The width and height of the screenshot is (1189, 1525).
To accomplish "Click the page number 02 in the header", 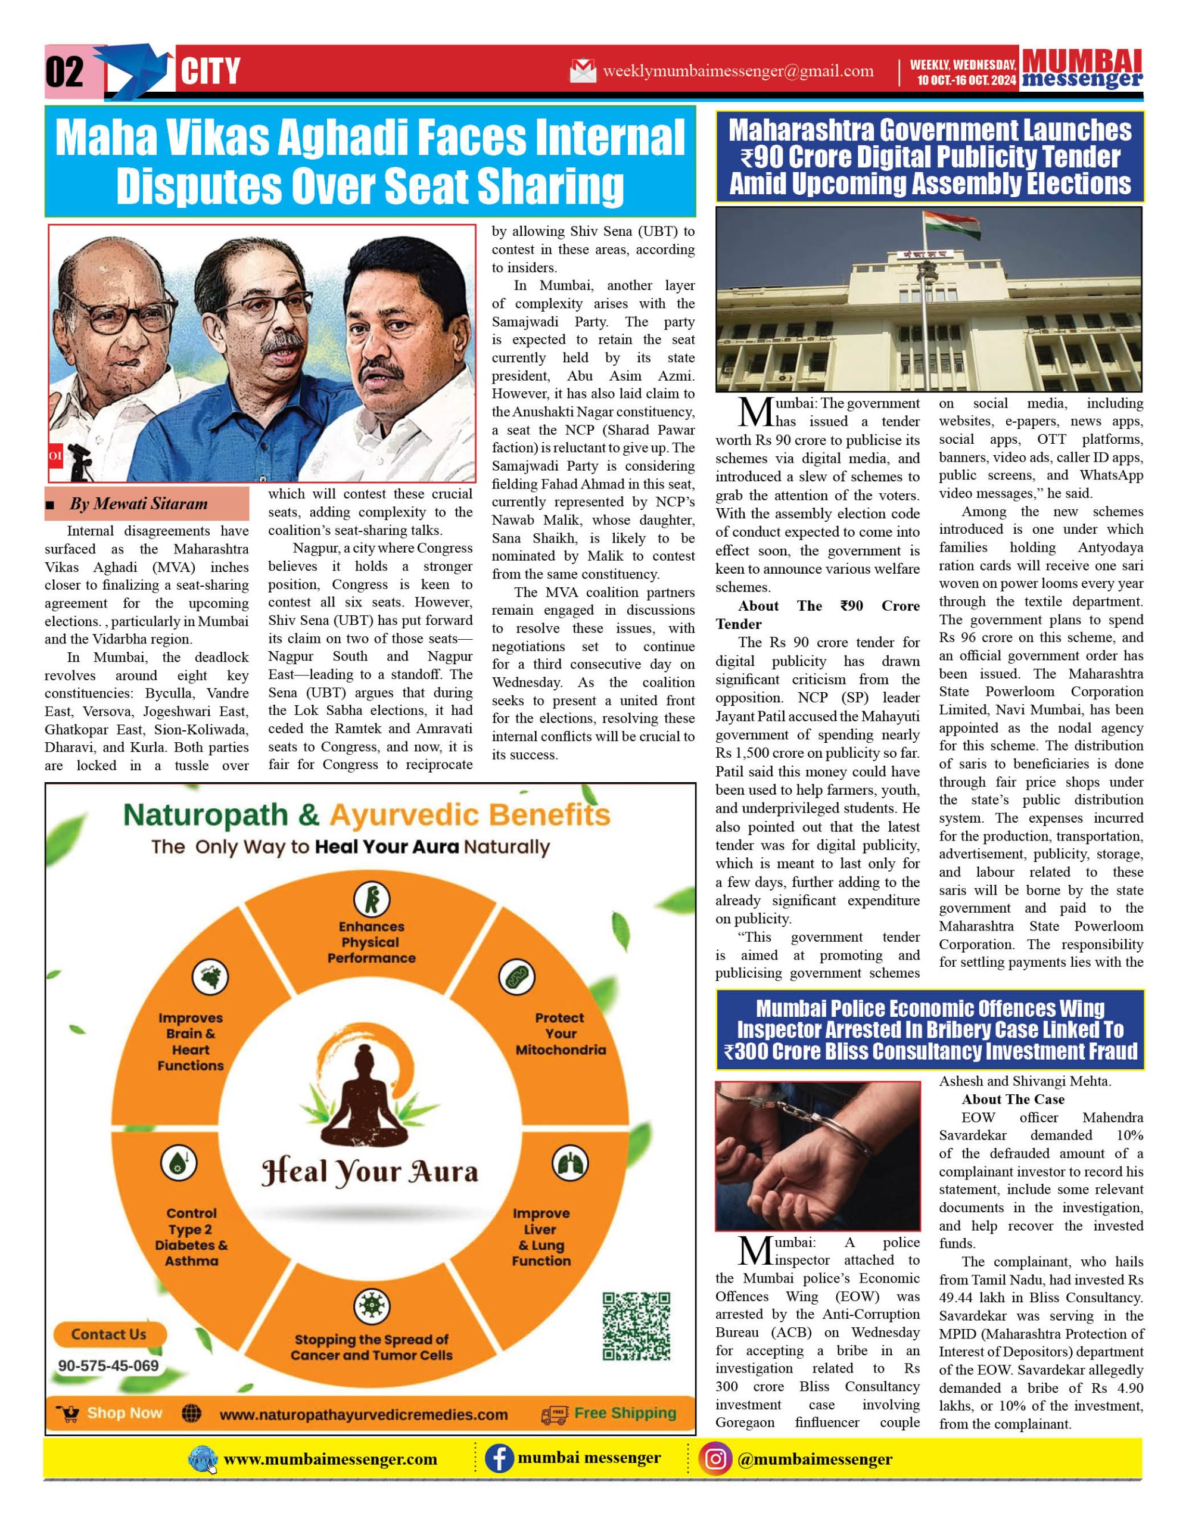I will pyautogui.click(x=65, y=72).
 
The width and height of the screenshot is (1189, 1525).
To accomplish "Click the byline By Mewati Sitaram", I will pyautogui.click(x=138, y=504).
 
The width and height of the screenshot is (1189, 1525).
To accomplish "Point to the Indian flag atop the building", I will pyautogui.click(x=944, y=226).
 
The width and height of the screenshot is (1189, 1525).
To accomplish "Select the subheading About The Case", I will pyautogui.click(x=1013, y=1100).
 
